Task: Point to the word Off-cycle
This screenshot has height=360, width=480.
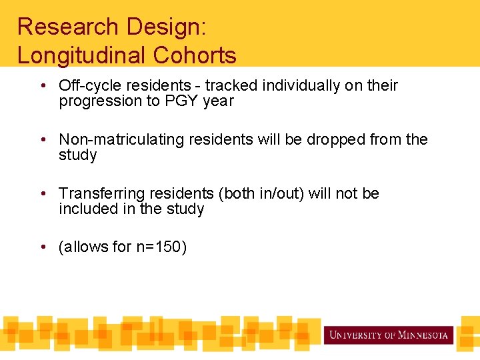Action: [x=85, y=85]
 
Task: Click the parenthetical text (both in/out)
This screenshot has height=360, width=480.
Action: [x=271, y=193]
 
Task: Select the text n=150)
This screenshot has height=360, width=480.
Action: [x=161, y=247]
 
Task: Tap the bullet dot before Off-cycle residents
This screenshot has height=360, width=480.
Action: [x=43, y=86]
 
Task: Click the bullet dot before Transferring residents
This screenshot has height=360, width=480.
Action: [x=43, y=194]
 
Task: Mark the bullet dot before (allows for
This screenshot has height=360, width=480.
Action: [x=43, y=247]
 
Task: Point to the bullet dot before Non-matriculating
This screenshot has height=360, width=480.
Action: [x=43, y=140]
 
